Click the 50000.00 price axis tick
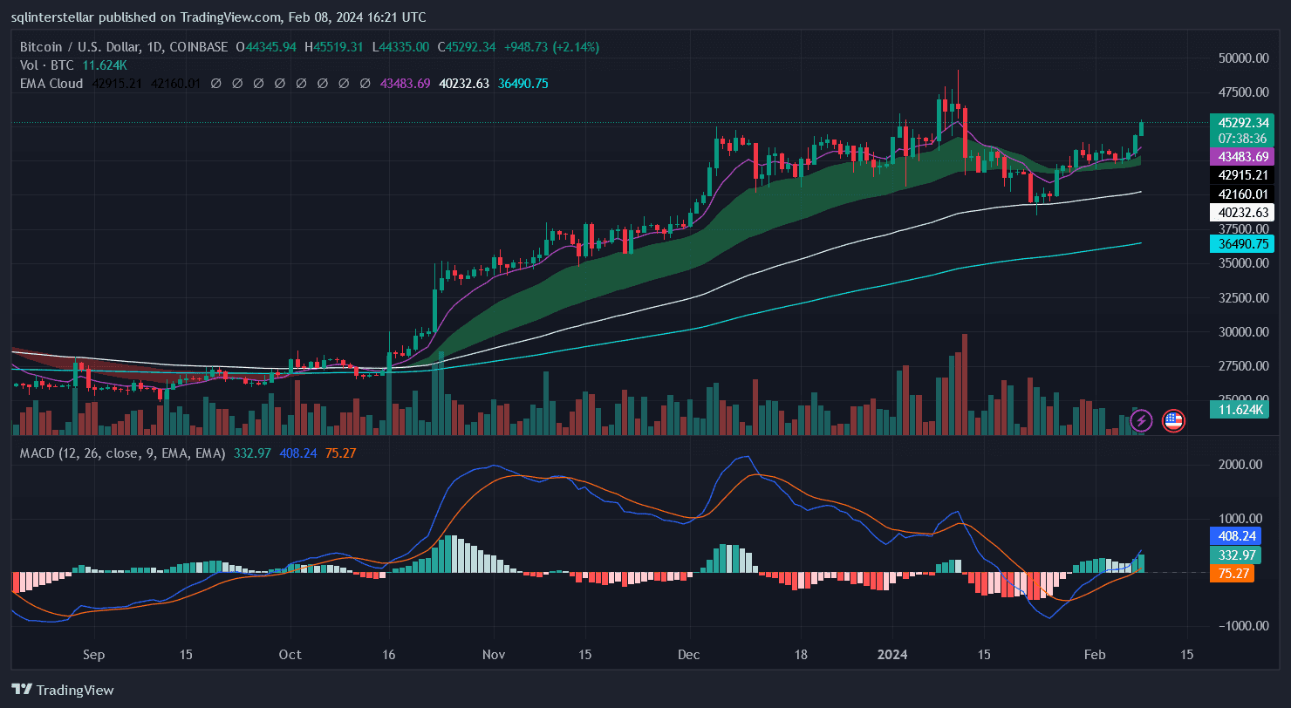tap(1242, 58)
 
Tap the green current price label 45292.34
tap(1242, 123)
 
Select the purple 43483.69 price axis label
tap(1242, 156)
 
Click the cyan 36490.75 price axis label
tap(1242, 243)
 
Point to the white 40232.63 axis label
tap(1242, 212)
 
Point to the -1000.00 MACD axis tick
tap(1236, 626)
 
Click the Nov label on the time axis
tap(494, 654)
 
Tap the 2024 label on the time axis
tap(893, 654)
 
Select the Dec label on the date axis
tap(689, 654)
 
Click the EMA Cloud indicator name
tap(51, 84)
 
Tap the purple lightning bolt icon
tap(1142, 421)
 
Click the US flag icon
tap(1173, 421)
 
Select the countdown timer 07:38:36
tap(1242, 139)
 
